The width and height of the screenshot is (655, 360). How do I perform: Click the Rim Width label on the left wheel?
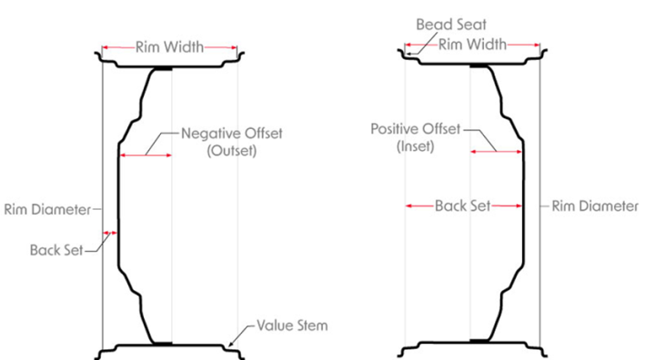point(169,47)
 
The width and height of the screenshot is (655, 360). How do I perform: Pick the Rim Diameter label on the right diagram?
point(595,206)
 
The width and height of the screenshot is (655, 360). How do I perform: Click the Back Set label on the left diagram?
point(55,247)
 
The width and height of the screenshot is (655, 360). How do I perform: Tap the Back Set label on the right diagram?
point(462,206)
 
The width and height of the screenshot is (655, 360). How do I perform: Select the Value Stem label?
point(292,325)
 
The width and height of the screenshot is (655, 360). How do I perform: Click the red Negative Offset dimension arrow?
point(146,156)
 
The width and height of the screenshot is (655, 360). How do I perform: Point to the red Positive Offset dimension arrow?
point(496,152)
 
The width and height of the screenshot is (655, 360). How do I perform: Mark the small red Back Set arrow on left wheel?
point(111,234)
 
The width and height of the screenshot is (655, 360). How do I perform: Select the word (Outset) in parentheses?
point(232,152)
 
